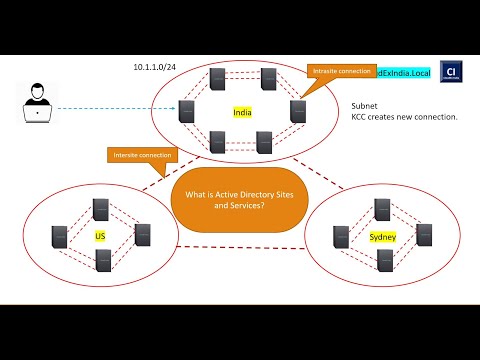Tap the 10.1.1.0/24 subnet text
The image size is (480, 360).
tap(156, 67)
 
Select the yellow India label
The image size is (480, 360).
tap(242, 113)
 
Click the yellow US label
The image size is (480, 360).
tap(99, 236)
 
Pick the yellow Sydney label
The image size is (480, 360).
tap(379, 237)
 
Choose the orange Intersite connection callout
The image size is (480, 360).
tap(143, 155)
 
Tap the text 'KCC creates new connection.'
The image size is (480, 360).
tap(404, 117)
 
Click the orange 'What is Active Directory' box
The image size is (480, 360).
tap(232, 197)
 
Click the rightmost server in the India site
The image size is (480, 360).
tap(298, 112)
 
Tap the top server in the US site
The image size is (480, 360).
tap(100, 209)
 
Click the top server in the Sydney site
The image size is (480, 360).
tap(381, 209)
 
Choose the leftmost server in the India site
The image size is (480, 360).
tap(186, 112)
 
